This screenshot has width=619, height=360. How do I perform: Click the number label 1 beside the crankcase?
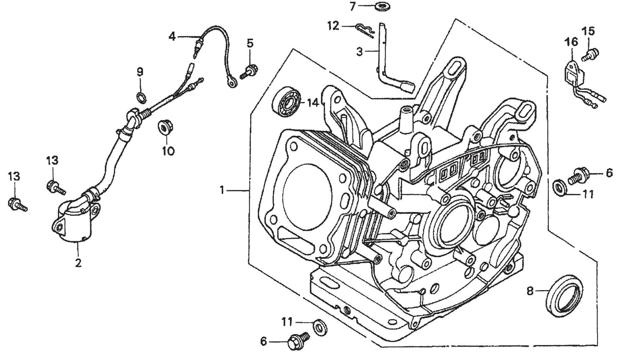pyautogui.click(x=222, y=189)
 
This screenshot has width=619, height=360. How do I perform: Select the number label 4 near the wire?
pyautogui.click(x=172, y=36)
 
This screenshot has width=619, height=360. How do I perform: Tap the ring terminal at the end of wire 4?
pyautogui.click(x=233, y=83)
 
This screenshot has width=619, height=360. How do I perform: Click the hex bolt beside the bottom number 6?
pyautogui.click(x=299, y=340)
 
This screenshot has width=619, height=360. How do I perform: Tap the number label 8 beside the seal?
pyautogui.click(x=530, y=291)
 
